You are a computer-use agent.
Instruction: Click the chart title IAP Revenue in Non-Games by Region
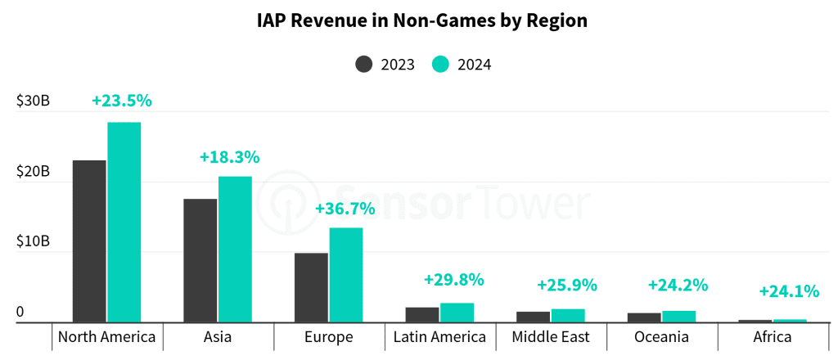pyautogui.click(x=422, y=20)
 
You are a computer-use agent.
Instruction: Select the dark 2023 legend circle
pyautogui.click(x=364, y=65)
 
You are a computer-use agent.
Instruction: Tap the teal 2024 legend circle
pyautogui.click(x=440, y=65)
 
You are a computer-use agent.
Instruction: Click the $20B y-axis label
pyautogui.click(x=33, y=172)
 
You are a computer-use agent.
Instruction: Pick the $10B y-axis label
pyautogui.click(x=33, y=241)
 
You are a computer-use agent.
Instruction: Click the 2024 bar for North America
pyautogui.click(x=124, y=223)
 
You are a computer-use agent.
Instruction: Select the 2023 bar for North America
pyautogui.click(x=89, y=241)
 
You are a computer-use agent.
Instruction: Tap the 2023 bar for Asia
pyautogui.click(x=200, y=261)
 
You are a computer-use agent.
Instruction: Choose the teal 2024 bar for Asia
pyautogui.click(x=235, y=250)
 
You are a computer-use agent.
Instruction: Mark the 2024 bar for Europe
pyautogui.click(x=346, y=275)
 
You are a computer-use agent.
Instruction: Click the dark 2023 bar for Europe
pyautogui.click(x=311, y=287)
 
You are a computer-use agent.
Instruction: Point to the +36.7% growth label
pyautogui.click(x=345, y=209)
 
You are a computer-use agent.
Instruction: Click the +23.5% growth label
pyautogui.click(x=122, y=101)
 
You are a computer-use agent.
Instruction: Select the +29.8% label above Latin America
pyautogui.click(x=453, y=279)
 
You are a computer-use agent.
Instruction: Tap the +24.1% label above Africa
pyautogui.click(x=789, y=291)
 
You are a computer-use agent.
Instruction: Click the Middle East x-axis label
pyautogui.click(x=551, y=338)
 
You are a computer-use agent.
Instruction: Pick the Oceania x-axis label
pyautogui.click(x=661, y=338)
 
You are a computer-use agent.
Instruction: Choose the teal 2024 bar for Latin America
pyautogui.click(x=457, y=313)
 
